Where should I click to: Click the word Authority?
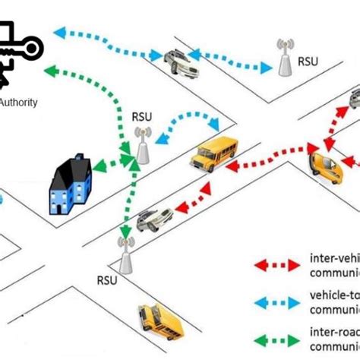tap(18, 102)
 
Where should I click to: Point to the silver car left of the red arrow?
tap(155, 219)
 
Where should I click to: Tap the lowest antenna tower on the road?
tap(125, 255)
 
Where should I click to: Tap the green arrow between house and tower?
tap(110, 163)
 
